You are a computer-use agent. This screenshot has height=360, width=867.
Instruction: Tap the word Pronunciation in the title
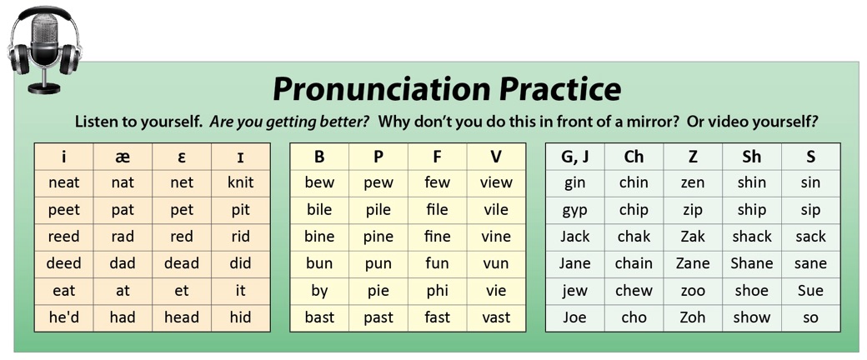pos(382,88)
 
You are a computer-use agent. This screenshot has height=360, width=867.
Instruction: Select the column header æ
pos(123,157)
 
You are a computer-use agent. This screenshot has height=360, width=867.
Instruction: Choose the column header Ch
pos(634,157)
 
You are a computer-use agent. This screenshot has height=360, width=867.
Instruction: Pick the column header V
pos(496,157)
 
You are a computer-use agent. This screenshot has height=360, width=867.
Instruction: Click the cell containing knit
pos(241,182)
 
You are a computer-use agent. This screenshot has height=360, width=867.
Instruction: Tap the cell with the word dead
pos(182,263)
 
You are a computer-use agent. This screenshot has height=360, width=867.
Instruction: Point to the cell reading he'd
pos(64,317)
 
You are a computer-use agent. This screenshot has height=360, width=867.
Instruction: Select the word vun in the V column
pos(496,264)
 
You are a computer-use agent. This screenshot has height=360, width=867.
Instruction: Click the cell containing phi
pos(438,291)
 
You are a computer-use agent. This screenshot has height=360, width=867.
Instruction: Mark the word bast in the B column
pos(319,317)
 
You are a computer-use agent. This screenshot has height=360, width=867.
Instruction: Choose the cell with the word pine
pos(378,237)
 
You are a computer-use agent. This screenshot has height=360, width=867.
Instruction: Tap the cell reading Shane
pos(751,263)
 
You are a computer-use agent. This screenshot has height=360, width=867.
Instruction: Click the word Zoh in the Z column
pos(692,317)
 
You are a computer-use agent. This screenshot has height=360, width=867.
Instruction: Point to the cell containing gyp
pos(575,210)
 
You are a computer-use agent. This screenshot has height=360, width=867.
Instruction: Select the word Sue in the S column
pos(810,290)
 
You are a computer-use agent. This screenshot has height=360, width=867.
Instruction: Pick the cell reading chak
pos(634,237)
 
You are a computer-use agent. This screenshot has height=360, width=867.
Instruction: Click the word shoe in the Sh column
pos(751,290)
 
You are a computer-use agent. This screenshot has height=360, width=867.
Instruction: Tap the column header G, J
pos(575,157)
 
